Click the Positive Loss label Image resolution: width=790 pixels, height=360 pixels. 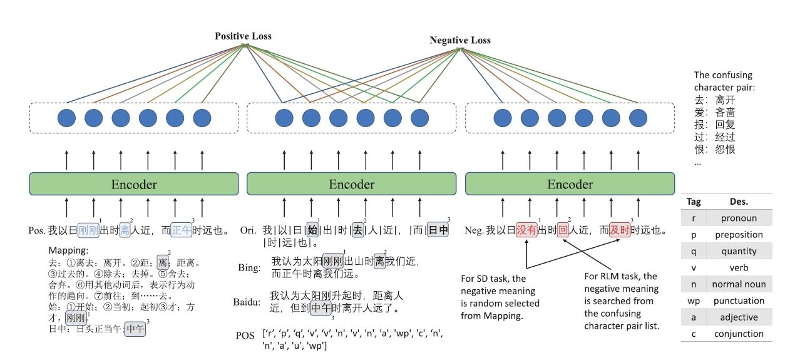point(244,36)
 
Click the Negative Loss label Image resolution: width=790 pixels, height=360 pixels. point(460,40)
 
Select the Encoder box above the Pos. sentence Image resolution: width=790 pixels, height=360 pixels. point(134,184)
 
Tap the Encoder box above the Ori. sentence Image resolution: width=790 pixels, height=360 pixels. point(351,184)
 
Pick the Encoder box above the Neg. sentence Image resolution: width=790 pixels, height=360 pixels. point(570,184)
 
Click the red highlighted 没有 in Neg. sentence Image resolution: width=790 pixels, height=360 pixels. point(527,230)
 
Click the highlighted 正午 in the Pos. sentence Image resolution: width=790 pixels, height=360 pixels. point(181,230)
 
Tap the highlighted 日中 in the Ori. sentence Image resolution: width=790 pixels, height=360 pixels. point(438,230)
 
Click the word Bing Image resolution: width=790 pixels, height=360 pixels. point(249,268)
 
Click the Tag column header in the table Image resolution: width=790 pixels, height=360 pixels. point(694,202)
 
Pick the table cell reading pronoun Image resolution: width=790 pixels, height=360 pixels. point(739,219)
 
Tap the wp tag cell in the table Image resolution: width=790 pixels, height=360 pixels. point(694,301)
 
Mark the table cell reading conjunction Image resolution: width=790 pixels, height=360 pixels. point(739,334)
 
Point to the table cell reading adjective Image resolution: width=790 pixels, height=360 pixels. point(739,317)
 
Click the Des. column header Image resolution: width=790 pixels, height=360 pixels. point(739,202)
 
